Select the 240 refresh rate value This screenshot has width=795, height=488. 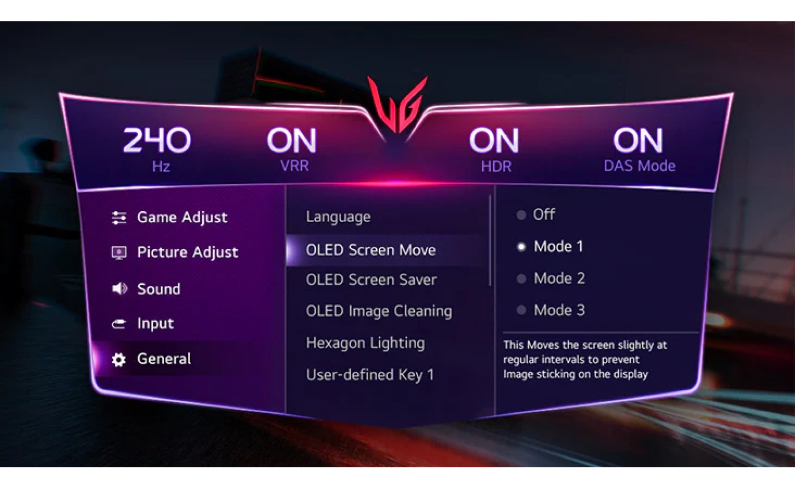(x=157, y=141)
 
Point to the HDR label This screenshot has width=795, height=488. (x=496, y=166)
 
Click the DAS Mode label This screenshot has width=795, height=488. (x=639, y=166)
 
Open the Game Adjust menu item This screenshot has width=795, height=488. (x=182, y=218)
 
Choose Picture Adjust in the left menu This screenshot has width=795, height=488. (x=187, y=253)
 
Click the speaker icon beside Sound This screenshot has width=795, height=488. (x=119, y=289)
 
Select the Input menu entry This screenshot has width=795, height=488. (x=155, y=324)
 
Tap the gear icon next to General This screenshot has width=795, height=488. (x=119, y=360)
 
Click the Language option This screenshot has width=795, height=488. (x=338, y=217)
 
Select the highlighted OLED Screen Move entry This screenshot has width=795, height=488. (x=370, y=250)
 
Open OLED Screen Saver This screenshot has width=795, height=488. (x=371, y=280)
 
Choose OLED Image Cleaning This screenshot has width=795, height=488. (x=378, y=311)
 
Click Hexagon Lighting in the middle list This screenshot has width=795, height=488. (x=365, y=343)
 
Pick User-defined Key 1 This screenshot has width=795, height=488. (x=370, y=375)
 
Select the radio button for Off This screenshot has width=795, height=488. (x=521, y=215)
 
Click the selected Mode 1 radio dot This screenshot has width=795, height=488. (x=521, y=247)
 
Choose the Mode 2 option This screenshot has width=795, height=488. (x=558, y=279)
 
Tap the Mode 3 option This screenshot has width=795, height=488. (x=558, y=311)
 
